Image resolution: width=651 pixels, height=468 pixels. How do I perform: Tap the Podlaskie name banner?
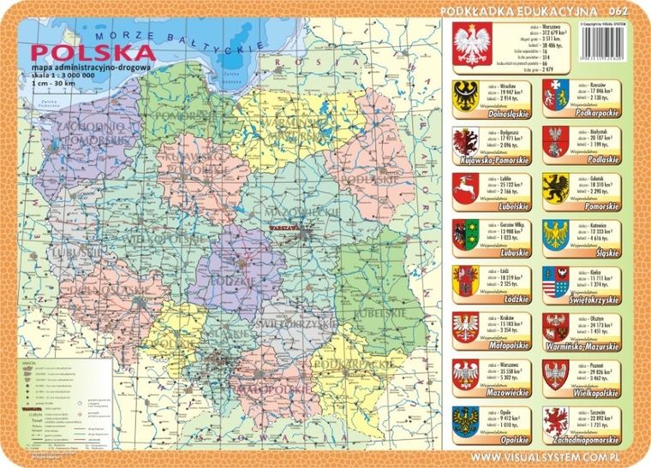pos(599,159)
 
